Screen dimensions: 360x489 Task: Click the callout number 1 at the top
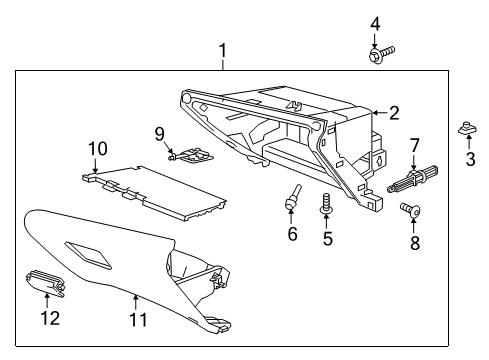click(x=223, y=49)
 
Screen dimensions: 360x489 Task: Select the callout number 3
click(x=470, y=161)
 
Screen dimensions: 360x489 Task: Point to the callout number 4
click(x=375, y=23)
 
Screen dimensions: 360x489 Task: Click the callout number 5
click(x=326, y=239)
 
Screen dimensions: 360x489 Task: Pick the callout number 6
click(x=292, y=233)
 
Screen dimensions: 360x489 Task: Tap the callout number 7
click(x=413, y=147)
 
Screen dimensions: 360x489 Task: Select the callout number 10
click(x=96, y=149)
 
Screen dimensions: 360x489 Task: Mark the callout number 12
click(x=49, y=318)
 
